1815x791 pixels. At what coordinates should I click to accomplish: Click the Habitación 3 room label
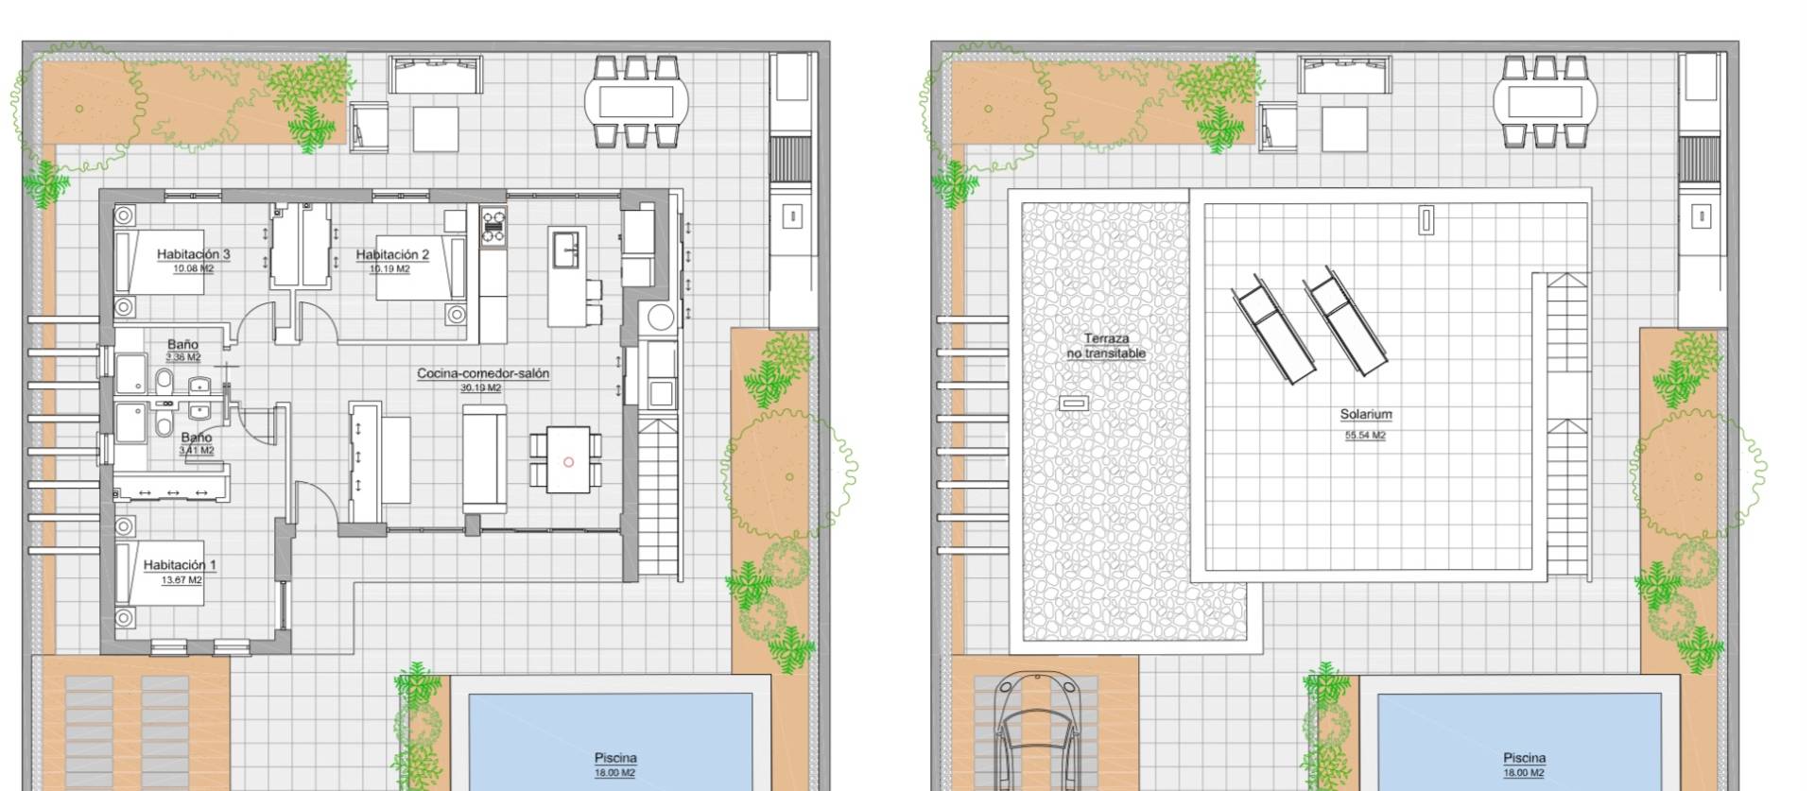coord(193,254)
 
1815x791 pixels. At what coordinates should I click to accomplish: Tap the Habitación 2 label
coord(392,254)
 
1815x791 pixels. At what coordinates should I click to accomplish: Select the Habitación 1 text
coord(180,565)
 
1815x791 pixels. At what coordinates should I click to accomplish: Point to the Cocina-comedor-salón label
coord(483,373)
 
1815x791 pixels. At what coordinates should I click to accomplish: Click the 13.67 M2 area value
coord(181,580)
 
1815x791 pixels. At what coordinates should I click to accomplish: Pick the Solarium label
coord(1365,414)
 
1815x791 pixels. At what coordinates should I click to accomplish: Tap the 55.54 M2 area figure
coord(1365,436)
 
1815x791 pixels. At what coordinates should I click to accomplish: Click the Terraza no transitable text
coord(1106,346)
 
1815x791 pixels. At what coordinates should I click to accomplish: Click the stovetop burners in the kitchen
coord(493,227)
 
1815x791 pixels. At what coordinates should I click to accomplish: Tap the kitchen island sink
coord(567,249)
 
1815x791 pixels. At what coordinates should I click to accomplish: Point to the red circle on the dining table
coord(568,462)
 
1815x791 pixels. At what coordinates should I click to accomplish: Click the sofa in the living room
coord(484,459)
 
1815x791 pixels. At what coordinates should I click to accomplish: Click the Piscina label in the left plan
coord(615,758)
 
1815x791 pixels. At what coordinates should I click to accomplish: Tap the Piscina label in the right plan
coord(1524,758)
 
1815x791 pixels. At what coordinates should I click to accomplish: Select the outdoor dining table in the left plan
coord(636,101)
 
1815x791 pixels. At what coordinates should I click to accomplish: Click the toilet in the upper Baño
coord(164,381)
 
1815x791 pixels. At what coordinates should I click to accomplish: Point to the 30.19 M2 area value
coord(480,387)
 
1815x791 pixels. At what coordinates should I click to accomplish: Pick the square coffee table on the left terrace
coord(436,129)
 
